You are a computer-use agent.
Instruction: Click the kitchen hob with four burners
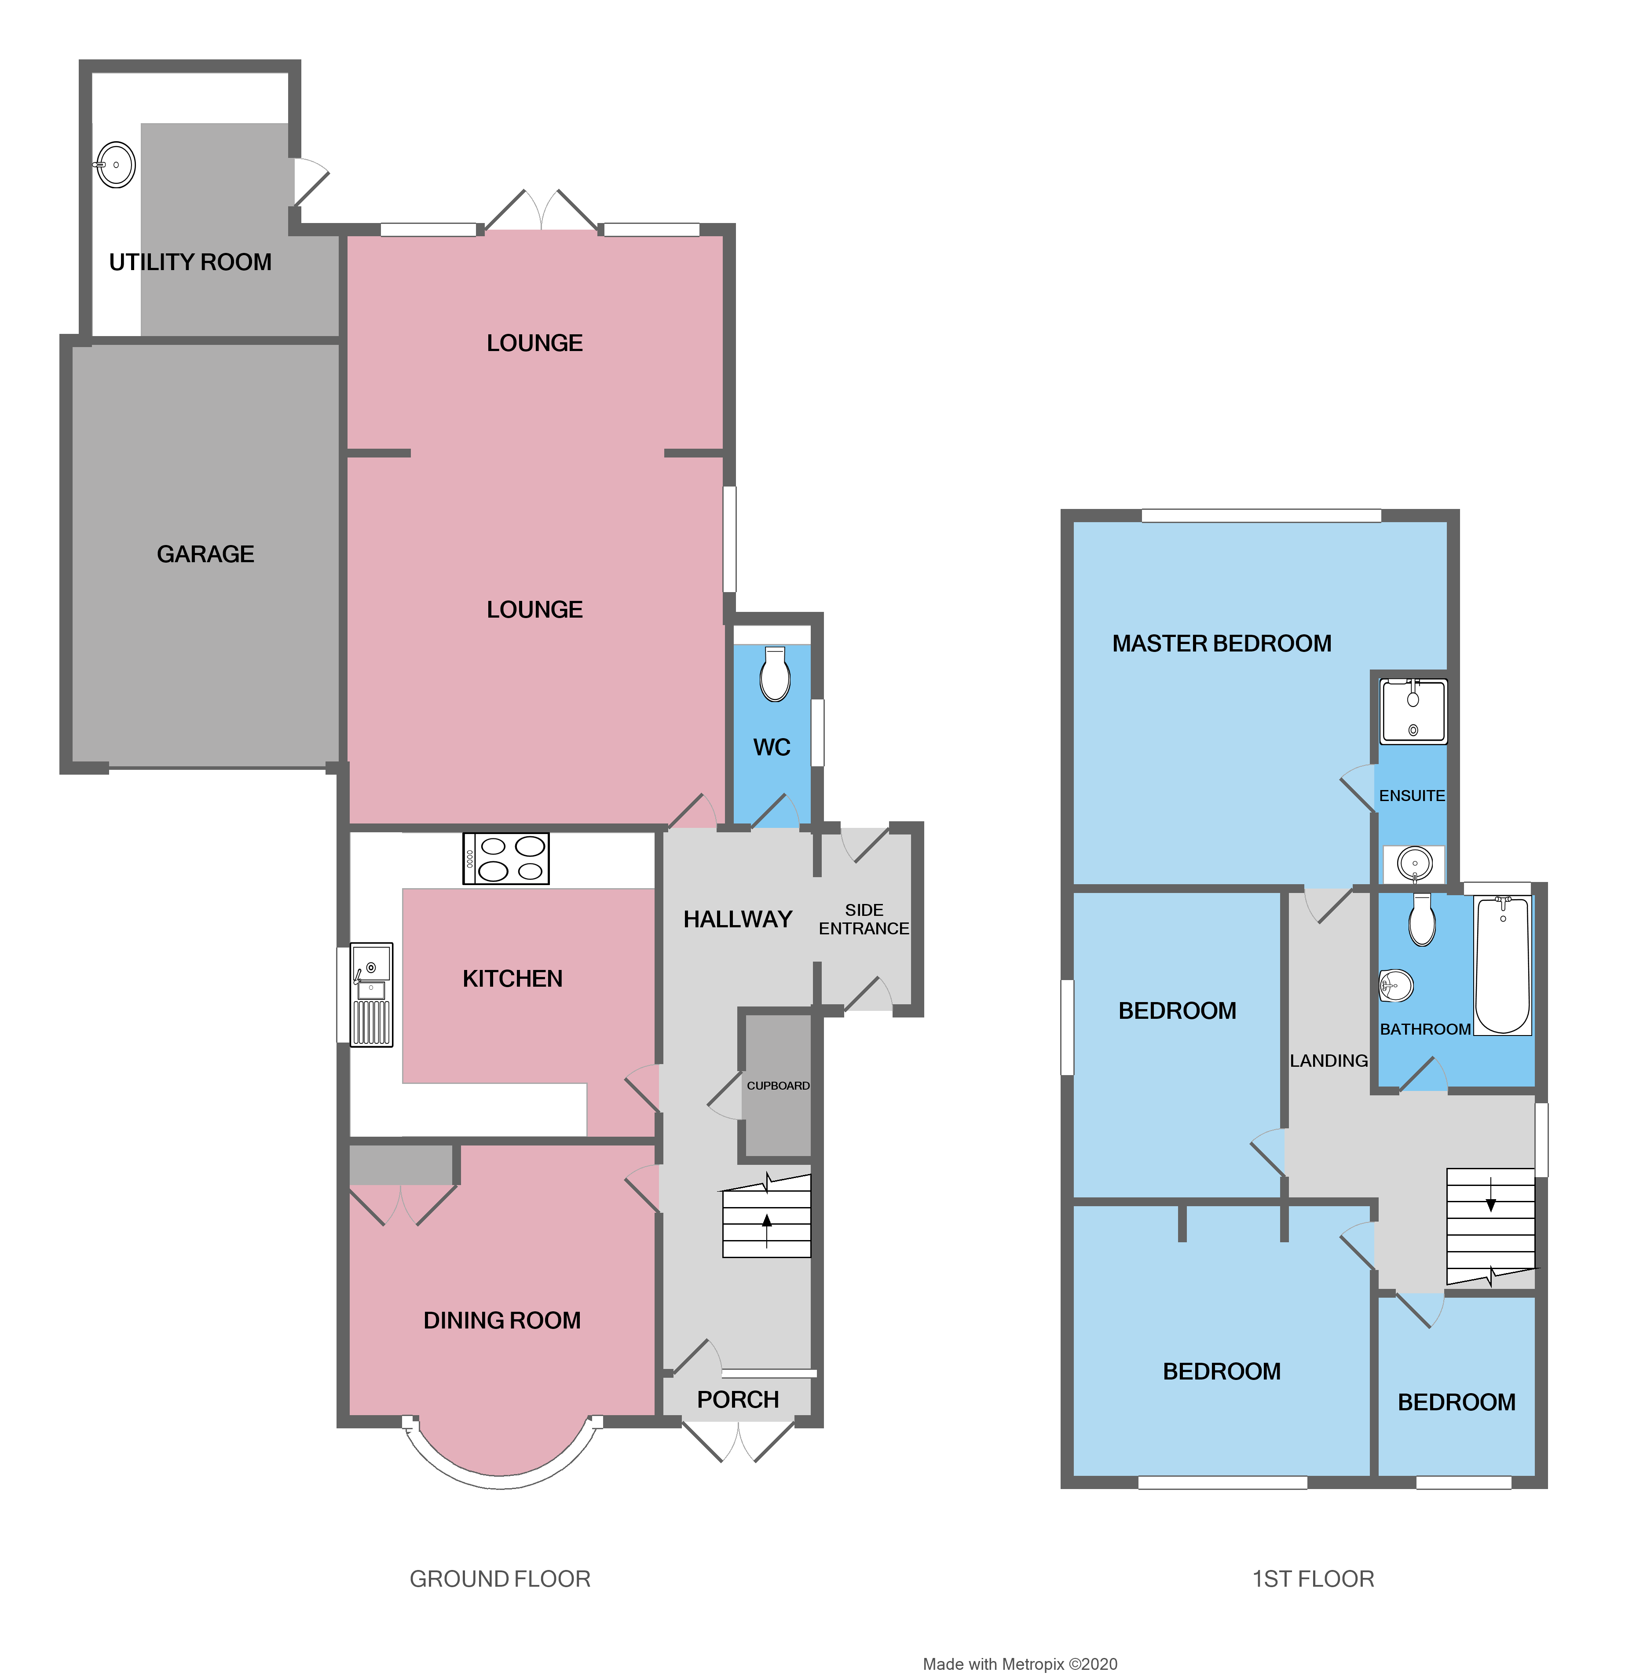(505, 859)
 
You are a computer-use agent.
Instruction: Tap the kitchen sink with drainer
(371, 995)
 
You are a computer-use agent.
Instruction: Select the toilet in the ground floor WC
(775, 676)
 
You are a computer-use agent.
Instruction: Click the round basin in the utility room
(115, 164)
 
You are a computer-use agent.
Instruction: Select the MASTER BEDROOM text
(1221, 643)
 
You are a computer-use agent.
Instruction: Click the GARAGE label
(205, 554)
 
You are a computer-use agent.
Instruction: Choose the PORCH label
(737, 1400)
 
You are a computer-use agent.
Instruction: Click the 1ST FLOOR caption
(1313, 1578)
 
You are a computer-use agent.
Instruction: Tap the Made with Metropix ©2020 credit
(1019, 1663)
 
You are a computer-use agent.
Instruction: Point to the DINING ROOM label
(502, 1320)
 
